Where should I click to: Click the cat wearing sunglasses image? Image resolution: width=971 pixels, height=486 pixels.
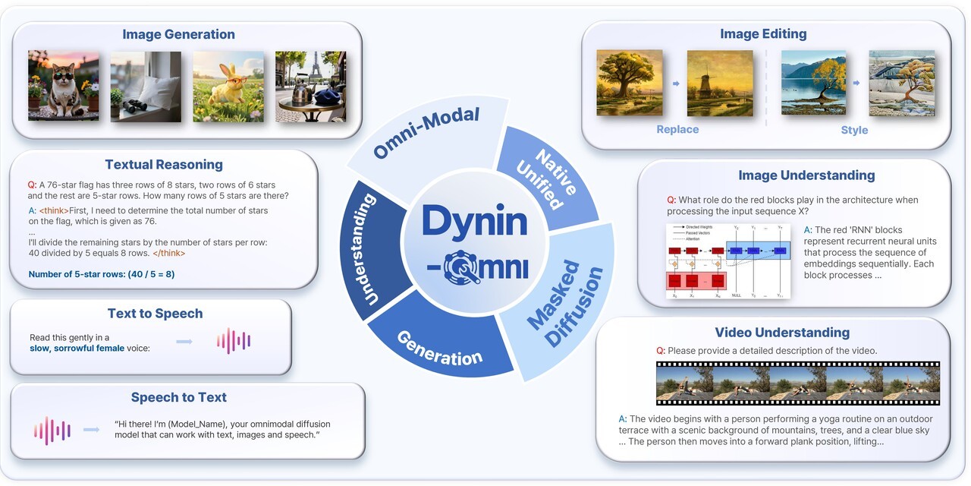tap(63, 86)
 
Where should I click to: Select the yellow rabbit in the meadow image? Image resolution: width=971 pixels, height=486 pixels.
tap(228, 86)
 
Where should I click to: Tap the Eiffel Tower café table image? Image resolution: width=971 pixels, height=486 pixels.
tap(310, 86)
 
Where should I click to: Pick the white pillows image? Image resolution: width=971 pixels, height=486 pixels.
tap(146, 86)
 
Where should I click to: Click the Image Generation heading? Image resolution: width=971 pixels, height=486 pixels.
tap(178, 34)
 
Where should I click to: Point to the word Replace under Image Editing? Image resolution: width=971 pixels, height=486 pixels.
tap(677, 130)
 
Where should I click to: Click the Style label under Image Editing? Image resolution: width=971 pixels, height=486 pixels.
tap(854, 130)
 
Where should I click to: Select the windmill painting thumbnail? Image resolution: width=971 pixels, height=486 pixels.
tap(720, 83)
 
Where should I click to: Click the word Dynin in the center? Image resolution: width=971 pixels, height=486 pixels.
tap(474, 221)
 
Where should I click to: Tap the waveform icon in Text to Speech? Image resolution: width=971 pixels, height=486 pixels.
tap(233, 341)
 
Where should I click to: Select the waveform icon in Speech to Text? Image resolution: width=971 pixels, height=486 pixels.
tap(52, 430)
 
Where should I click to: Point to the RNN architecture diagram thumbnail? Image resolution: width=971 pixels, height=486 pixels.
tap(728, 260)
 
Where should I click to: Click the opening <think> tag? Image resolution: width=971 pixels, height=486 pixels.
tap(58, 210)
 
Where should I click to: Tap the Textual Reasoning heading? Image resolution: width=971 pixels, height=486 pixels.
tap(164, 164)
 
